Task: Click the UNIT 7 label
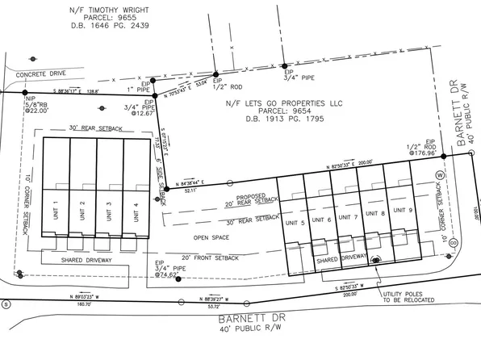click(349, 219)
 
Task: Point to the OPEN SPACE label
click(211, 237)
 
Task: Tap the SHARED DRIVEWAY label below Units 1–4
click(86, 261)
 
